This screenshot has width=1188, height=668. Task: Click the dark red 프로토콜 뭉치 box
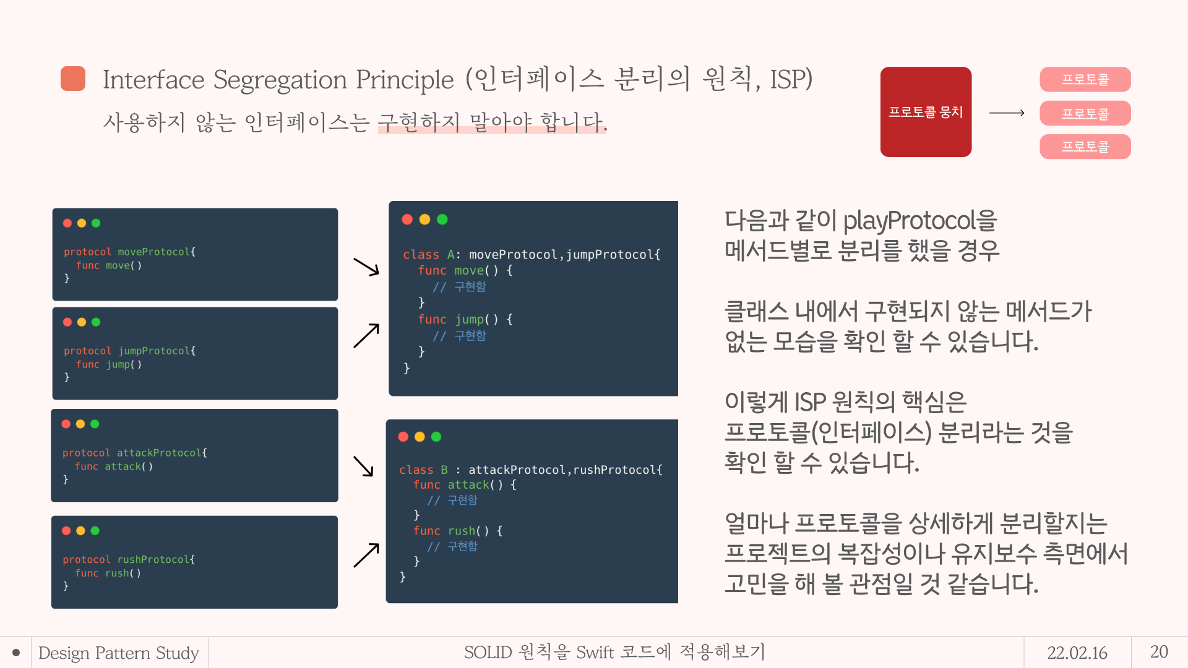[926, 112]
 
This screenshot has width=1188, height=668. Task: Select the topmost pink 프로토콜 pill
[1085, 79]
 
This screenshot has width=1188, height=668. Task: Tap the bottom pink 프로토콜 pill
[1085, 147]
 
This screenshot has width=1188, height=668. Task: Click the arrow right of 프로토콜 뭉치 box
[1007, 113]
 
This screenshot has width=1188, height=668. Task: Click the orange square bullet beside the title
[73, 79]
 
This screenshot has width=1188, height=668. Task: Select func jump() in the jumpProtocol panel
[109, 364]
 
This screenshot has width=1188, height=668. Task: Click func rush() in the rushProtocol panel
[108, 573]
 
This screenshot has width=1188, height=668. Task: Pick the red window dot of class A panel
[407, 220]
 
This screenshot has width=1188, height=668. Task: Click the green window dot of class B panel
[436, 437]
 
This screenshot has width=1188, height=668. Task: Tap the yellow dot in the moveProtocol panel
[82, 223]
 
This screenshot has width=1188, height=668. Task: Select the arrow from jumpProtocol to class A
[366, 336]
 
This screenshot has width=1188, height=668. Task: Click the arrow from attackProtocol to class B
[364, 466]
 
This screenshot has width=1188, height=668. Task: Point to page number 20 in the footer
[1159, 652]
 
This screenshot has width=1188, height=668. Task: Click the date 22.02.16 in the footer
[1077, 653]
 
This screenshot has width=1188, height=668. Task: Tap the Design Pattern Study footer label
[119, 653]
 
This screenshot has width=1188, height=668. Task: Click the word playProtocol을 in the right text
[920, 221]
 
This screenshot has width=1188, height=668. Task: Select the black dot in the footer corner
[16, 653]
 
